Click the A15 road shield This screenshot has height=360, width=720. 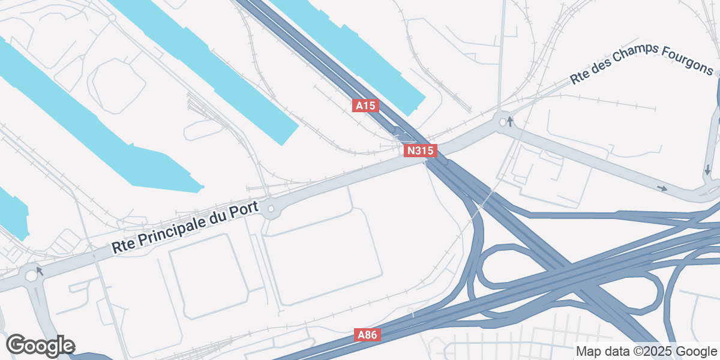(365, 106)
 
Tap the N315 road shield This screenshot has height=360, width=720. (420, 151)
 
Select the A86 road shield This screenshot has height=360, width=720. (367, 335)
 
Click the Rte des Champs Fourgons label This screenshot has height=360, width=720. (641, 64)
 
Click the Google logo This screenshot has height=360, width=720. (40, 346)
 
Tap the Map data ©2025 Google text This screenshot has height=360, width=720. (646, 351)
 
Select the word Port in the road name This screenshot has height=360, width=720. (246, 211)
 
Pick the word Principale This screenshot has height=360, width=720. (173, 230)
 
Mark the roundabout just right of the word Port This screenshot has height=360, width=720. (271, 209)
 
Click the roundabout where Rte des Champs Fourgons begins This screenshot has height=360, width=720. (502, 122)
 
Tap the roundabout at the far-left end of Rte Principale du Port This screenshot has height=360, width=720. (30, 277)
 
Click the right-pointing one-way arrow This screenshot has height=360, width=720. (662, 188)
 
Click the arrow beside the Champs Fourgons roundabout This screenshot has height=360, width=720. (510, 122)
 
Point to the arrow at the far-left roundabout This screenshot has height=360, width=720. (40, 271)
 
